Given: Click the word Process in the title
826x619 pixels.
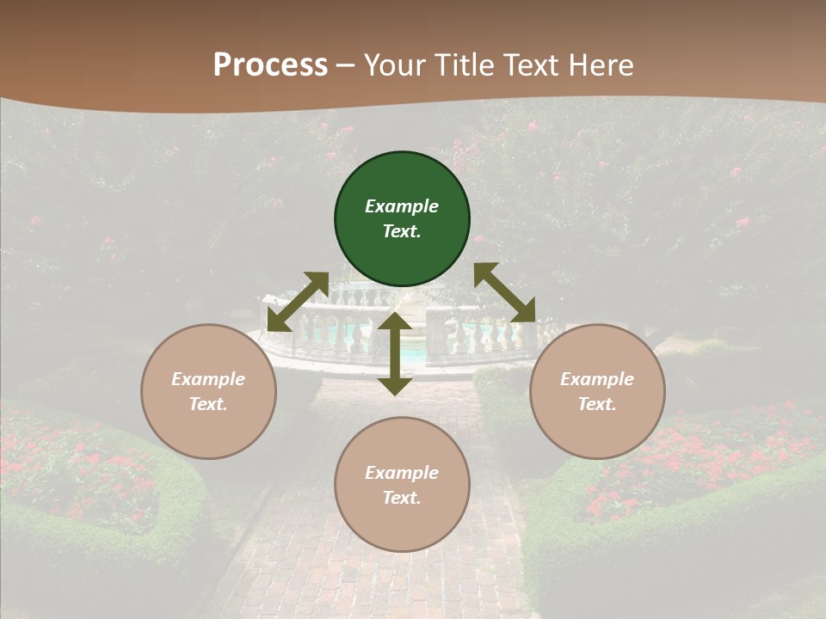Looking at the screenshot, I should click(270, 64).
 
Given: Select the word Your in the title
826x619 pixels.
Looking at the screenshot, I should click(394, 64).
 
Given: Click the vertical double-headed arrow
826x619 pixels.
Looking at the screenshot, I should click(395, 353).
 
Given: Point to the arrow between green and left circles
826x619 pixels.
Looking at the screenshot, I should click(298, 302).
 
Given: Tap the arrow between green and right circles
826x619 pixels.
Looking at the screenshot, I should click(504, 292).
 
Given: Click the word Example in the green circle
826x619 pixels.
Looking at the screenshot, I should click(402, 206).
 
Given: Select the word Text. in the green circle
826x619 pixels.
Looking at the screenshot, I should click(402, 231).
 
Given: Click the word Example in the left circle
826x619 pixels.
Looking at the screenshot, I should click(208, 379).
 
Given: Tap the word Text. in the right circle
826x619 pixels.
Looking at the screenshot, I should click(597, 404).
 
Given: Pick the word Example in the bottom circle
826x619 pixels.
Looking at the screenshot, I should click(402, 473).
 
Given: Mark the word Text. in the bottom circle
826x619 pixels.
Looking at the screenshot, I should click(402, 498).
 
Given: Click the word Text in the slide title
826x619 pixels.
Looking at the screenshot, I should click(524, 64).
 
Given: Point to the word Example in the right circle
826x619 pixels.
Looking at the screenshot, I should click(597, 379).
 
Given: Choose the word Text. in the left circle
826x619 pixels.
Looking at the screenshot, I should click(208, 404).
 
